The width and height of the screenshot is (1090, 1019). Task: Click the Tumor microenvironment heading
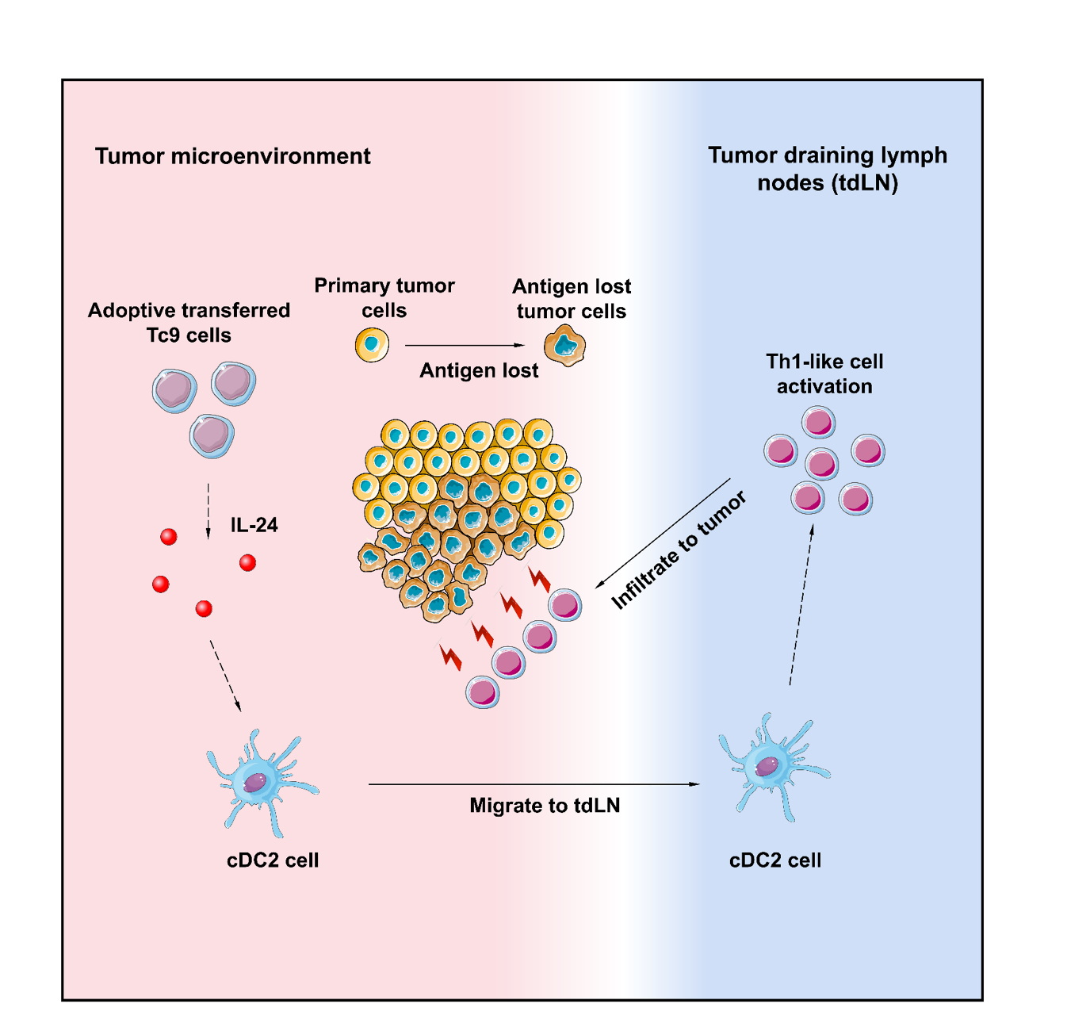[x=232, y=156]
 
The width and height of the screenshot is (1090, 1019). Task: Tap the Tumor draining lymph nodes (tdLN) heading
[x=827, y=169]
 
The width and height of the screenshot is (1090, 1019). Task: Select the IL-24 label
[x=254, y=525]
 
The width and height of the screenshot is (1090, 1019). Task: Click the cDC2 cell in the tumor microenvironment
[x=261, y=783]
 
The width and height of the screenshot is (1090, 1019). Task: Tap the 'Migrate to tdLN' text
[x=545, y=806]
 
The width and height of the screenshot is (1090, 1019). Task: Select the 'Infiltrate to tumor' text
[x=679, y=550]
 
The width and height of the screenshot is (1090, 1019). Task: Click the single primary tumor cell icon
[x=372, y=346]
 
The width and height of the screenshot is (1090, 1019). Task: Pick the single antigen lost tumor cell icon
[x=564, y=347]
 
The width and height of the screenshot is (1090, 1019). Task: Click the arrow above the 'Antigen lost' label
[x=465, y=346]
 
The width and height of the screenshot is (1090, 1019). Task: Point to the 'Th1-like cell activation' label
[x=824, y=374]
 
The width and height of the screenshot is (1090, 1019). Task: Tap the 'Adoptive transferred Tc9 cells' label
[x=189, y=323]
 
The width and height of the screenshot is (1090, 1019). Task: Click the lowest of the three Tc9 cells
[x=212, y=436]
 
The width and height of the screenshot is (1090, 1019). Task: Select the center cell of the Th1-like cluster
[x=822, y=463]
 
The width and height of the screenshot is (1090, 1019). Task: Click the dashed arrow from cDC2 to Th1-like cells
[x=801, y=607]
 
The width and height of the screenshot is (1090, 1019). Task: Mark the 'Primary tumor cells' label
[x=384, y=297]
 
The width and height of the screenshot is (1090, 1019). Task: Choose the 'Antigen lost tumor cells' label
[x=572, y=298]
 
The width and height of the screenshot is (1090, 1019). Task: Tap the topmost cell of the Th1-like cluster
[x=818, y=421]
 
